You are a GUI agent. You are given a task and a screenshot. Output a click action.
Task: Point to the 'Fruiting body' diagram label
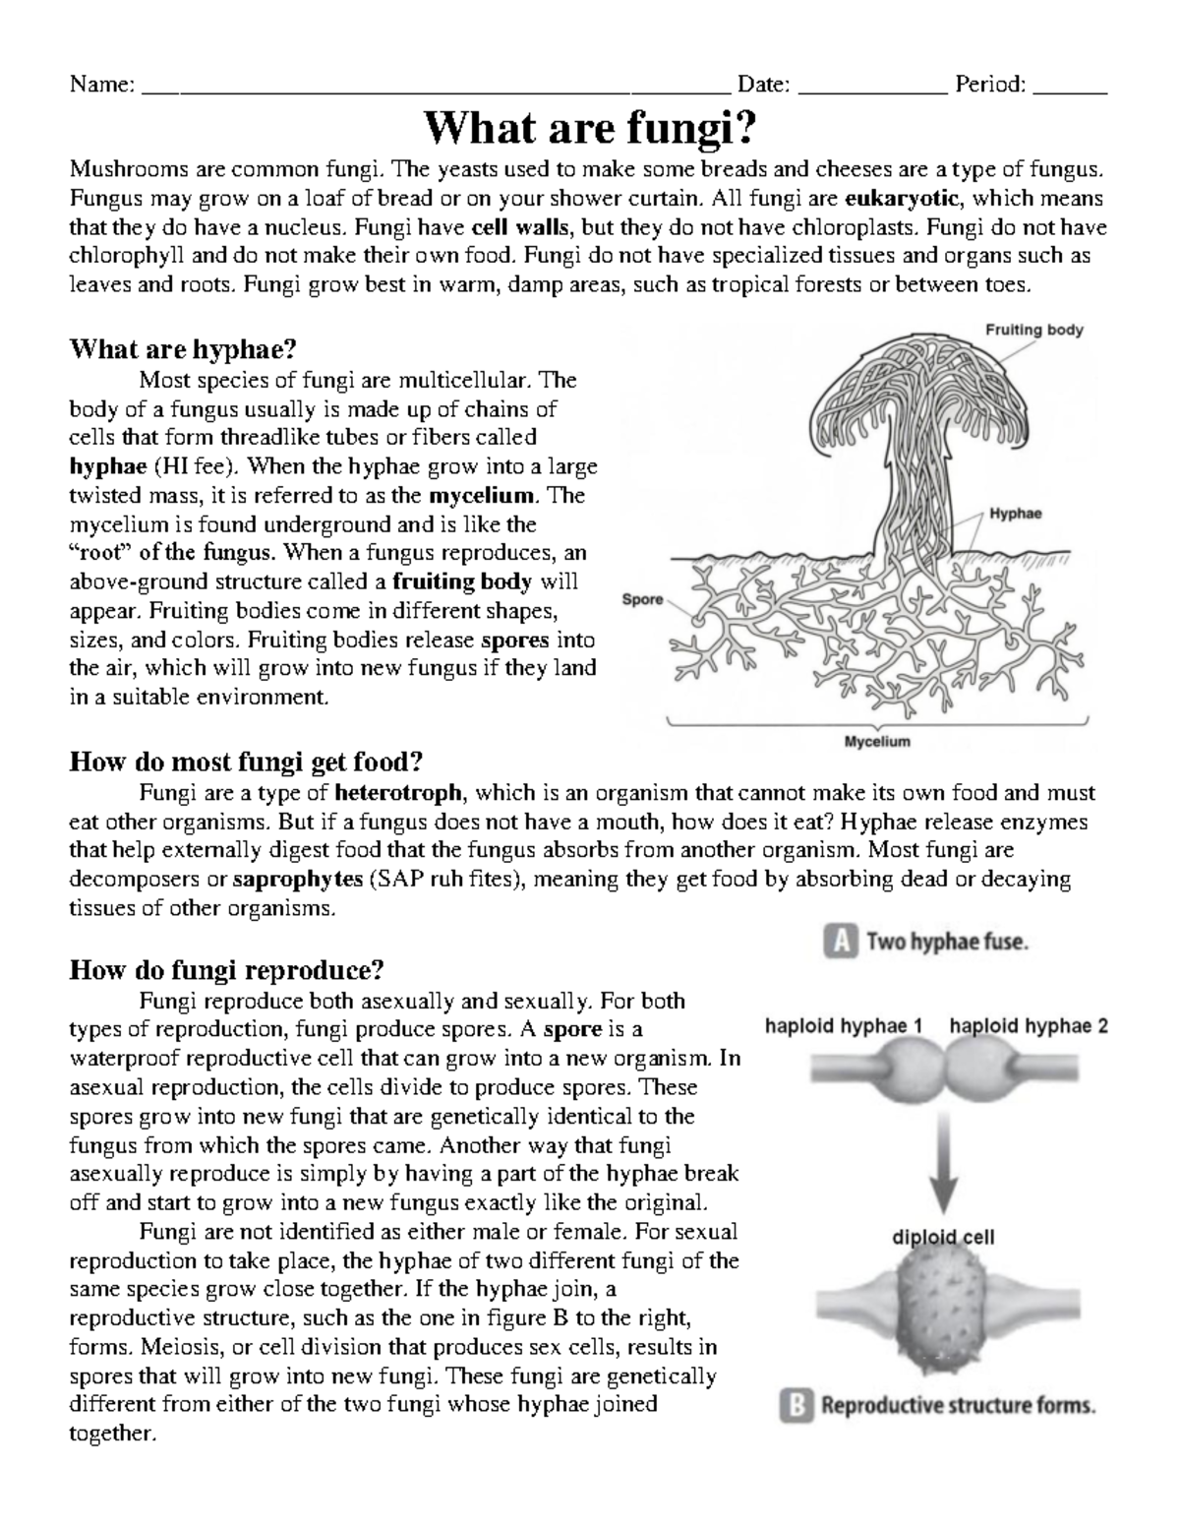pyautogui.click(x=1033, y=330)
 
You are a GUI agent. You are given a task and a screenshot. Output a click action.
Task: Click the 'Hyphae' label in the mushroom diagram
pyautogui.click(x=1015, y=514)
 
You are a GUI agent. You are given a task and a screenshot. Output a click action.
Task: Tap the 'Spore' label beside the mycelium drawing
pyautogui.click(x=642, y=598)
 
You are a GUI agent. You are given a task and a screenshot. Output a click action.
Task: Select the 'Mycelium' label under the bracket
pyautogui.click(x=877, y=742)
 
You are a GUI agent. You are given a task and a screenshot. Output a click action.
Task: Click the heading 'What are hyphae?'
pyautogui.click(x=183, y=349)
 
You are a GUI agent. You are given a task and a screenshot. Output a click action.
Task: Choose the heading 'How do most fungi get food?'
pyautogui.click(x=246, y=763)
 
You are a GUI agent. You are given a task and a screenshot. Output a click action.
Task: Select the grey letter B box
pyautogui.click(x=795, y=1406)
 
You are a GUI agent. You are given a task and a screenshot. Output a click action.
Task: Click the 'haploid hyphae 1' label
pyautogui.click(x=844, y=1026)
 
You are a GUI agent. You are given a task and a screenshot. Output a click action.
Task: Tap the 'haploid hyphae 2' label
pyautogui.click(x=1029, y=1026)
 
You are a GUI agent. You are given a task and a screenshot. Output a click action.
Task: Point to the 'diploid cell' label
pyautogui.click(x=942, y=1237)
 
